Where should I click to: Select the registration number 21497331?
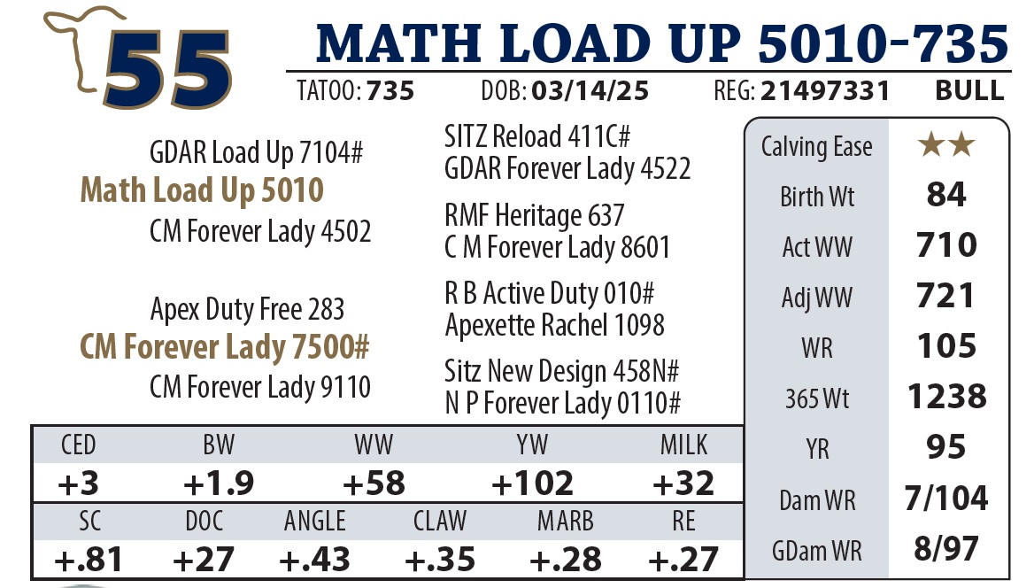tap(826, 91)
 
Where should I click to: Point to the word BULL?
tap(969, 91)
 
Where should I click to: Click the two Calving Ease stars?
tap(946, 146)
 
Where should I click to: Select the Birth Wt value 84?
tap(946, 195)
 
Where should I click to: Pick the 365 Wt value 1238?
tap(946, 397)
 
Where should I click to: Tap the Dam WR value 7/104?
tap(946, 499)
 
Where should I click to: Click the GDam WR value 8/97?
tap(946, 549)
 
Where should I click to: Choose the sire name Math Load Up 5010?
tap(202, 190)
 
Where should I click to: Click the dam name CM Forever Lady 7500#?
tap(224, 348)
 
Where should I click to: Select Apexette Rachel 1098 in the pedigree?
tap(554, 326)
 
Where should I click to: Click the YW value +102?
tap(532, 483)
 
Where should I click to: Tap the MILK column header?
tap(683, 445)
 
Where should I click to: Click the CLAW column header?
tap(440, 521)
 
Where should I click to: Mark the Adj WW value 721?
tap(946, 296)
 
